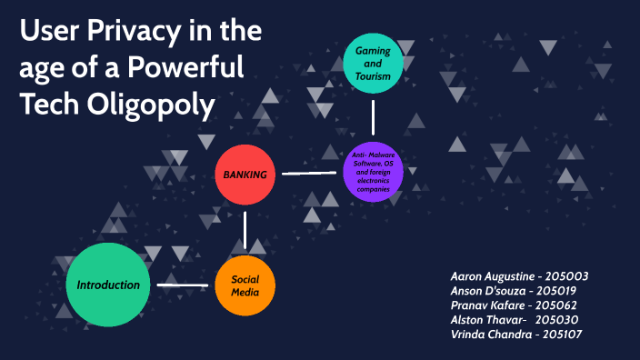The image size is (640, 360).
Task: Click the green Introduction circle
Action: pyautogui.click(x=108, y=285)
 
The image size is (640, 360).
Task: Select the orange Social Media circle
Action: pyautogui.click(x=245, y=286)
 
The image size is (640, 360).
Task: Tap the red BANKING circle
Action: pyautogui.click(x=245, y=174)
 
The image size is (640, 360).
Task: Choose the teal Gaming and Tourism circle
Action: pyautogui.click(x=373, y=64)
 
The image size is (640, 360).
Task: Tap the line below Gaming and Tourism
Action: pyautogui.click(x=373, y=116)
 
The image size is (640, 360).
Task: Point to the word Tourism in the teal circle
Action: pyautogui.click(x=373, y=76)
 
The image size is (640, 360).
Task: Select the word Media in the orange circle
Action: pyautogui.click(x=245, y=294)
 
